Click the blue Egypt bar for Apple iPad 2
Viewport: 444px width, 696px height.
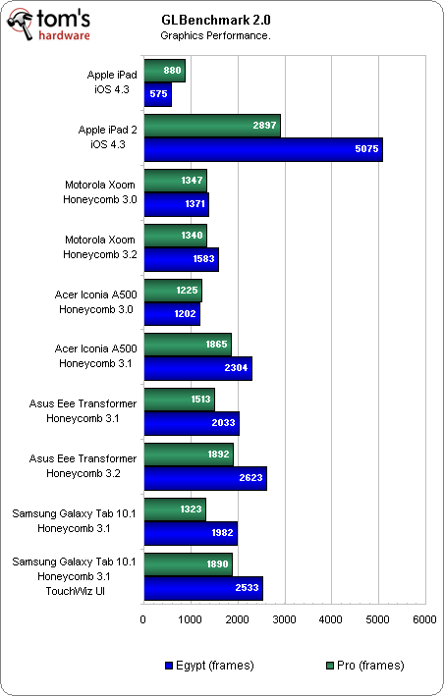point(263,149)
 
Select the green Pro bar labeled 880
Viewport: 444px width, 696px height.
point(165,71)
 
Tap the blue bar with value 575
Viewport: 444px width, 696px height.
point(157,94)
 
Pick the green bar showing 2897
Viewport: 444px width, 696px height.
point(212,126)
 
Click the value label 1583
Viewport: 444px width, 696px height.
point(203,259)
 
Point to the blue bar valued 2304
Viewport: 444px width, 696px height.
point(198,368)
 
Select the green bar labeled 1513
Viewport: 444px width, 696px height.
point(180,400)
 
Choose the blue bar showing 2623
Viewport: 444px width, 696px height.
point(205,478)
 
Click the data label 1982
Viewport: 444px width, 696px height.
point(222,533)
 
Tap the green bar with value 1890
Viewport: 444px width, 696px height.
point(189,564)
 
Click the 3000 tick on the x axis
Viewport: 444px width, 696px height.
point(284,619)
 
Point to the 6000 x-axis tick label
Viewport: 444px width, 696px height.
point(424,619)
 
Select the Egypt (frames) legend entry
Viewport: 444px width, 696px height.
point(209,666)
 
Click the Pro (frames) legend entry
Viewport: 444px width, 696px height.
point(365,666)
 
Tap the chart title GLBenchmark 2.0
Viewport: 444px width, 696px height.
point(216,20)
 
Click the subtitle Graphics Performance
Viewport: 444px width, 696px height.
point(215,35)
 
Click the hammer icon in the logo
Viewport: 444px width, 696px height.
point(21,25)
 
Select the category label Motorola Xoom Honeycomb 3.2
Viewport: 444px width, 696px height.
point(100,247)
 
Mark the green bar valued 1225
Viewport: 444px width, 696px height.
point(173,291)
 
